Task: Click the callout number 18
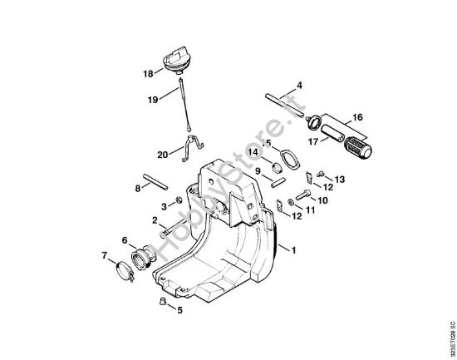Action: (148, 73)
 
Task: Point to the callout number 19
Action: (152, 100)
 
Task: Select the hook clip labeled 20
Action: (193, 145)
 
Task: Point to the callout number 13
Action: (339, 180)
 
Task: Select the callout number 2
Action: (155, 220)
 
